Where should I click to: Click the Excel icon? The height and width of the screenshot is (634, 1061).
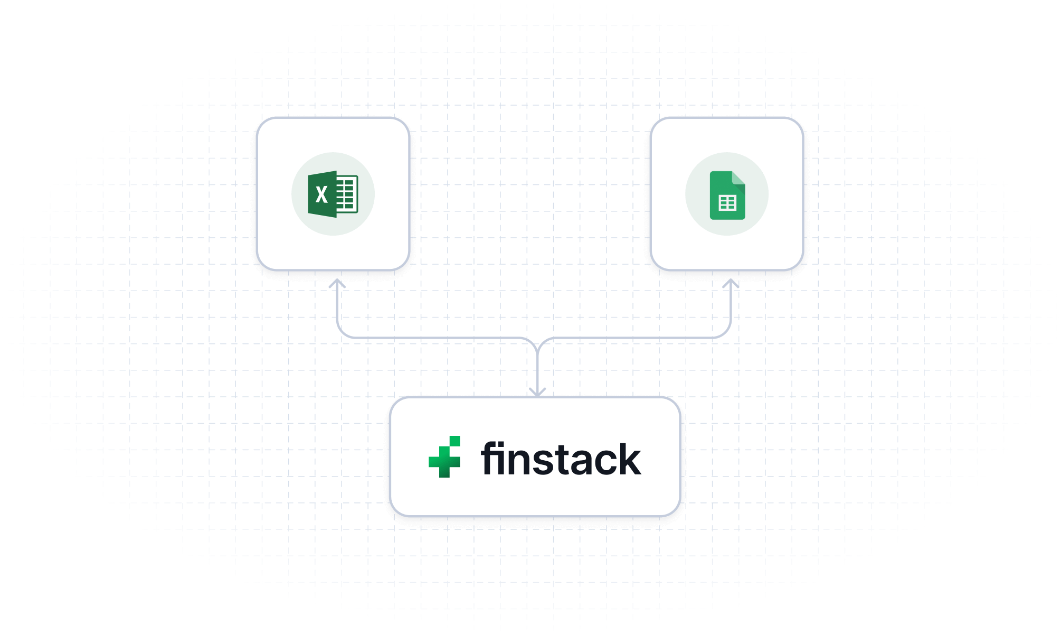(333, 194)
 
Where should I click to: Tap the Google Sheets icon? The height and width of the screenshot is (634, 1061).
(727, 195)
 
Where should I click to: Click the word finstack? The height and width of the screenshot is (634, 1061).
(561, 459)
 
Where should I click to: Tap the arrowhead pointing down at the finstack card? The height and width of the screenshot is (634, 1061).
(537, 391)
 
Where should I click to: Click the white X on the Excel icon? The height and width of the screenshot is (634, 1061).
(321, 195)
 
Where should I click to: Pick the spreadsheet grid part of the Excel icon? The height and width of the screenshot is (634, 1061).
(347, 194)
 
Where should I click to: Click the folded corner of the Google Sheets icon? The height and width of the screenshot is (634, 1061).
(738, 178)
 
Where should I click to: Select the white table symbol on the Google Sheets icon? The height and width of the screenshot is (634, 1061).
(727, 203)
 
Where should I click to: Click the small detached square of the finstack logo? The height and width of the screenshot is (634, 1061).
(454, 441)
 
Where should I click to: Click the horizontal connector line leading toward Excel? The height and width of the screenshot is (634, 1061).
(433, 338)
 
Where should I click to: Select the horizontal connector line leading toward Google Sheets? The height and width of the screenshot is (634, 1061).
(633, 338)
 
